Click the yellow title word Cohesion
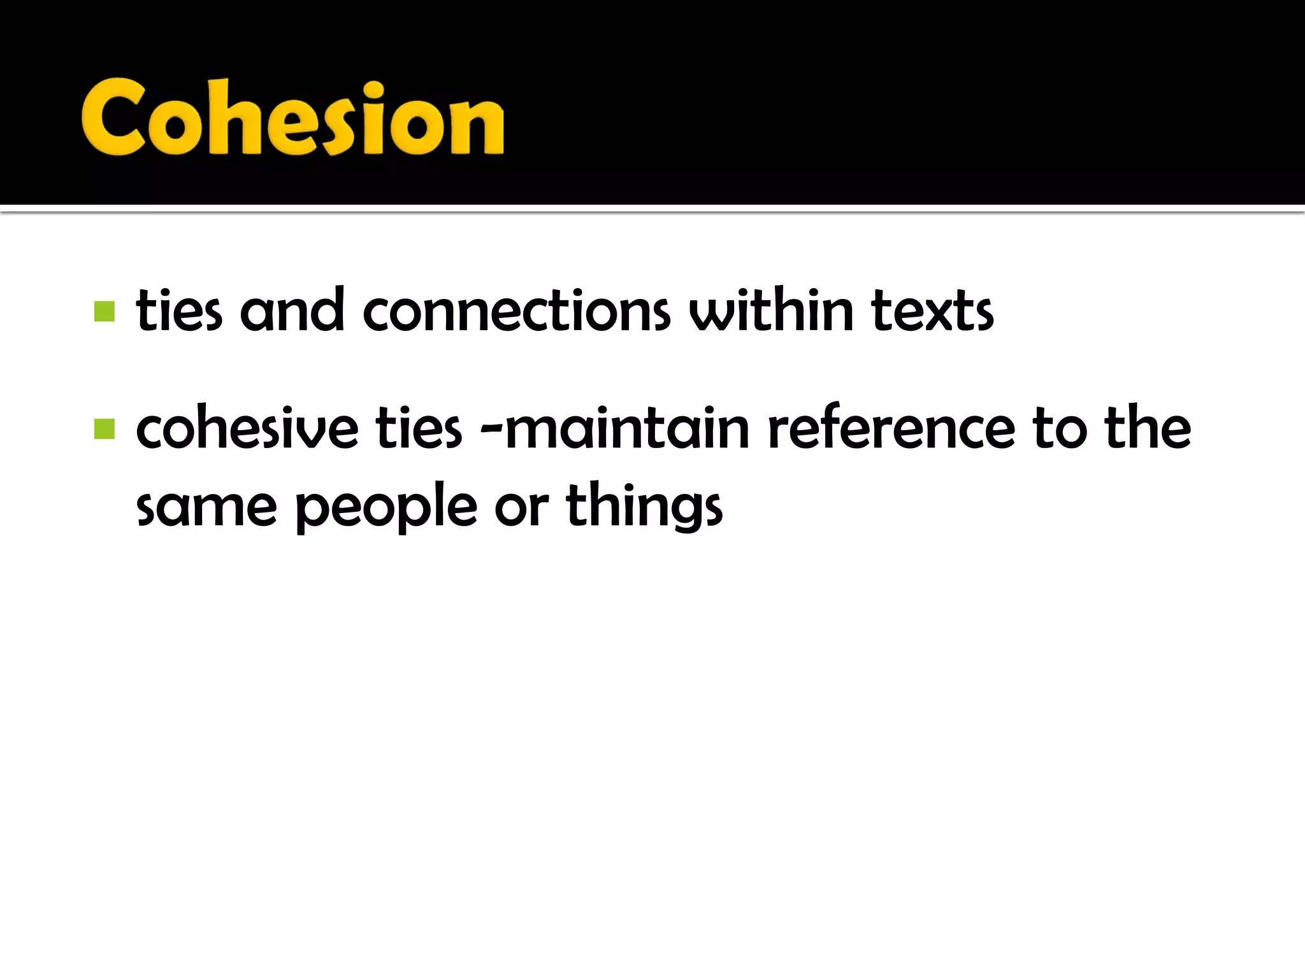point(292,118)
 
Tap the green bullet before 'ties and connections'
point(105,312)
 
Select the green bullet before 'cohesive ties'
point(105,429)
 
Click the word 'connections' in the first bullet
point(516,312)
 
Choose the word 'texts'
point(932,312)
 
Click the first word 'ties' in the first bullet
point(179,312)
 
